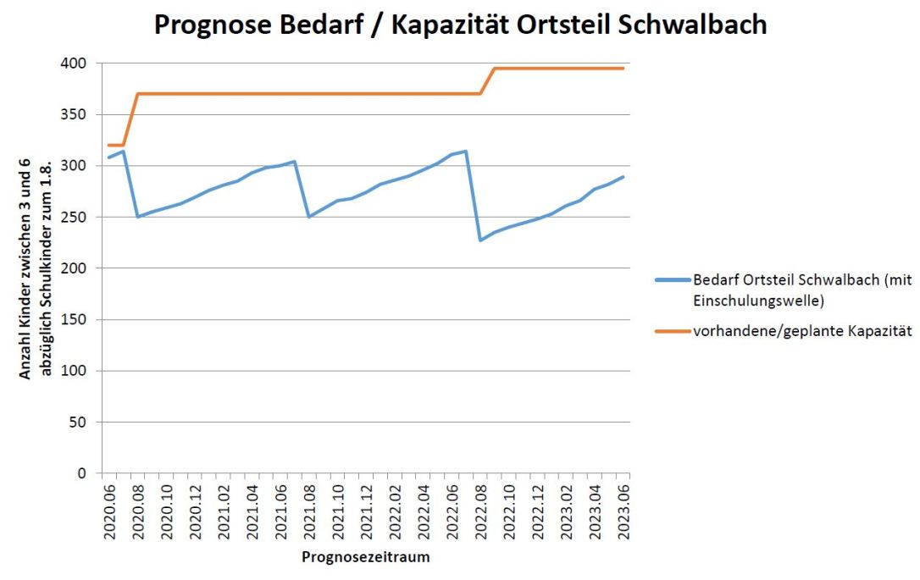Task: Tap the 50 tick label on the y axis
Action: [84, 422]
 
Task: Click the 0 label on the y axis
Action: [87, 473]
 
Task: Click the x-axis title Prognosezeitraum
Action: [366, 558]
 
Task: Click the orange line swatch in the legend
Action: [672, 332]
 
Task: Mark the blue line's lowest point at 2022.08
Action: [480, 240]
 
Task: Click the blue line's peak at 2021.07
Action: [295, 162]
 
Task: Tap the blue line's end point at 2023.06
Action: [623, 177]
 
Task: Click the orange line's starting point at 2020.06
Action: [109, 146]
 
